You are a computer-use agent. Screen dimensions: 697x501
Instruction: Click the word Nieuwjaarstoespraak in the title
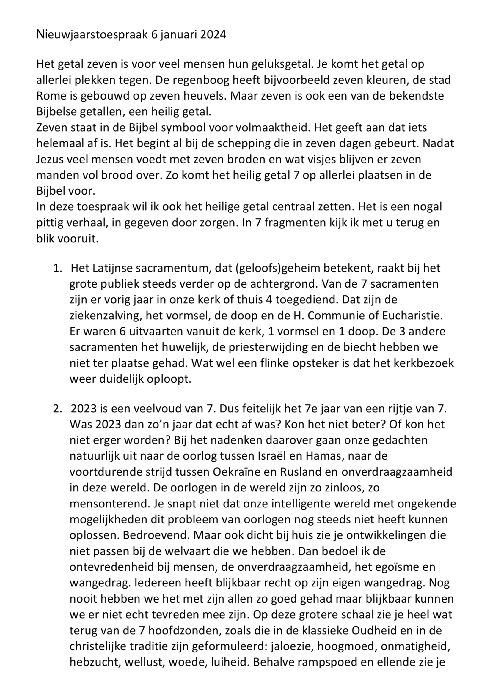[92, 35]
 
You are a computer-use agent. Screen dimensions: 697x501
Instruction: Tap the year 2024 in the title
[213, 35]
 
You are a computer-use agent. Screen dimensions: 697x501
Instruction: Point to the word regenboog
[200, 80]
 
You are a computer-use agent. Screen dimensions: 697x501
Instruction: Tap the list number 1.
[57, 268]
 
